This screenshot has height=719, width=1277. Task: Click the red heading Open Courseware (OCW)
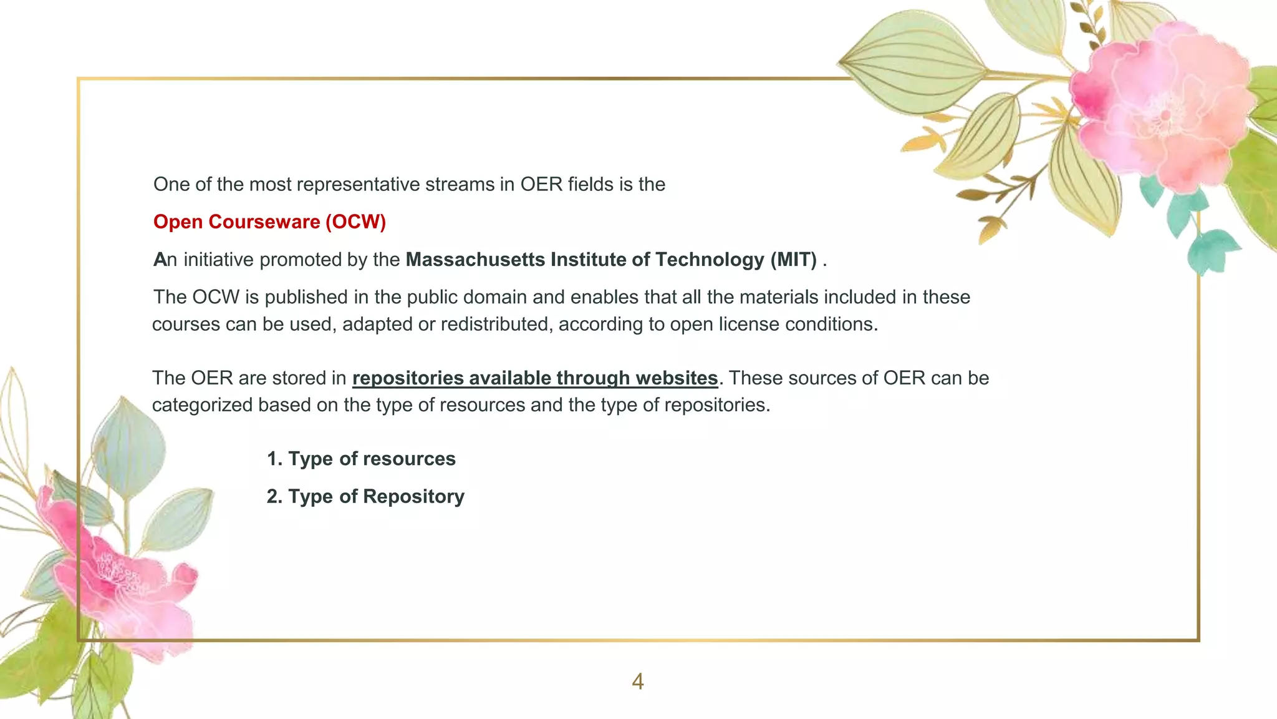tap(269, 222)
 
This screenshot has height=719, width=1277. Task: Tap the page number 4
tap(637, 682)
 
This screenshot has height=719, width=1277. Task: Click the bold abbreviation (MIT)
tap(793, 260)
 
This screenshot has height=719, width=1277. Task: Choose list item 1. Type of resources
tap(361, 459)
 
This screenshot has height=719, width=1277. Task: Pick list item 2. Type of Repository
tap(365, 496)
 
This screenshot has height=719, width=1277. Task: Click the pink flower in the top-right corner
tap(1160, 109)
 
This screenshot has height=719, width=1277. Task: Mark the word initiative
tap(218, 260)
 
